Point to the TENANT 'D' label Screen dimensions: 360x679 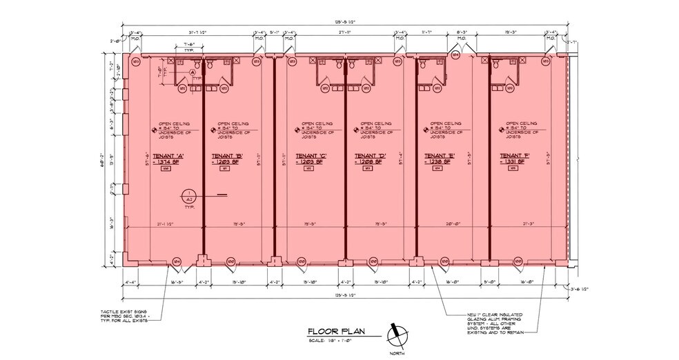click(x=368, y=155)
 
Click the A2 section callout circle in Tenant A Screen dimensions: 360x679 click(x=188, y=196)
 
